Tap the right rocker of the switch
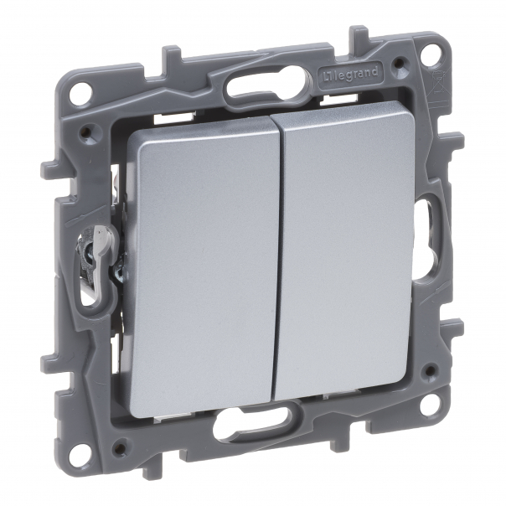(x=348, y=260)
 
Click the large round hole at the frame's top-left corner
(x=80, y=95)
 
